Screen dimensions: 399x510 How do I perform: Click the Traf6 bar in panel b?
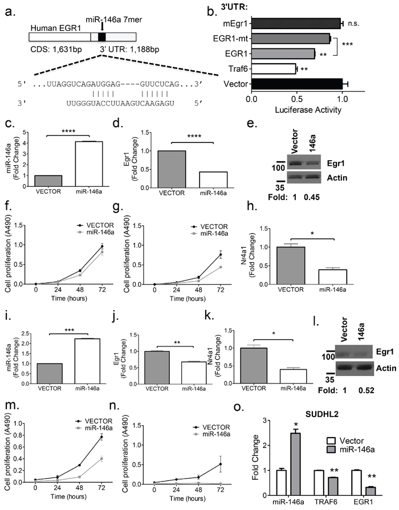pos(274,69)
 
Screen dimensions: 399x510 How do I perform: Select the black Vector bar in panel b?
pos(297,84)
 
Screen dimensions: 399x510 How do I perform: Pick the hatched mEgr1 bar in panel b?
pos(296,23)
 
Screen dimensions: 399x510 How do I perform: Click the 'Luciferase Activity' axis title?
pos(308,110)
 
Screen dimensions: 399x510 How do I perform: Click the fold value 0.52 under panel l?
pos(367,390)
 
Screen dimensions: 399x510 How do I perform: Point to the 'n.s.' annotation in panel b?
pos(354,23)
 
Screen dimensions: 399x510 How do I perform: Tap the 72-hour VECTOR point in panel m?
pos(101,437)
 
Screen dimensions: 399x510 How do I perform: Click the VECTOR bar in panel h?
pos(291,266)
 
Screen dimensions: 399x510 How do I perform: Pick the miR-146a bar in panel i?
pos(87,361)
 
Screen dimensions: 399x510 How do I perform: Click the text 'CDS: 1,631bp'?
pos(56,50)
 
